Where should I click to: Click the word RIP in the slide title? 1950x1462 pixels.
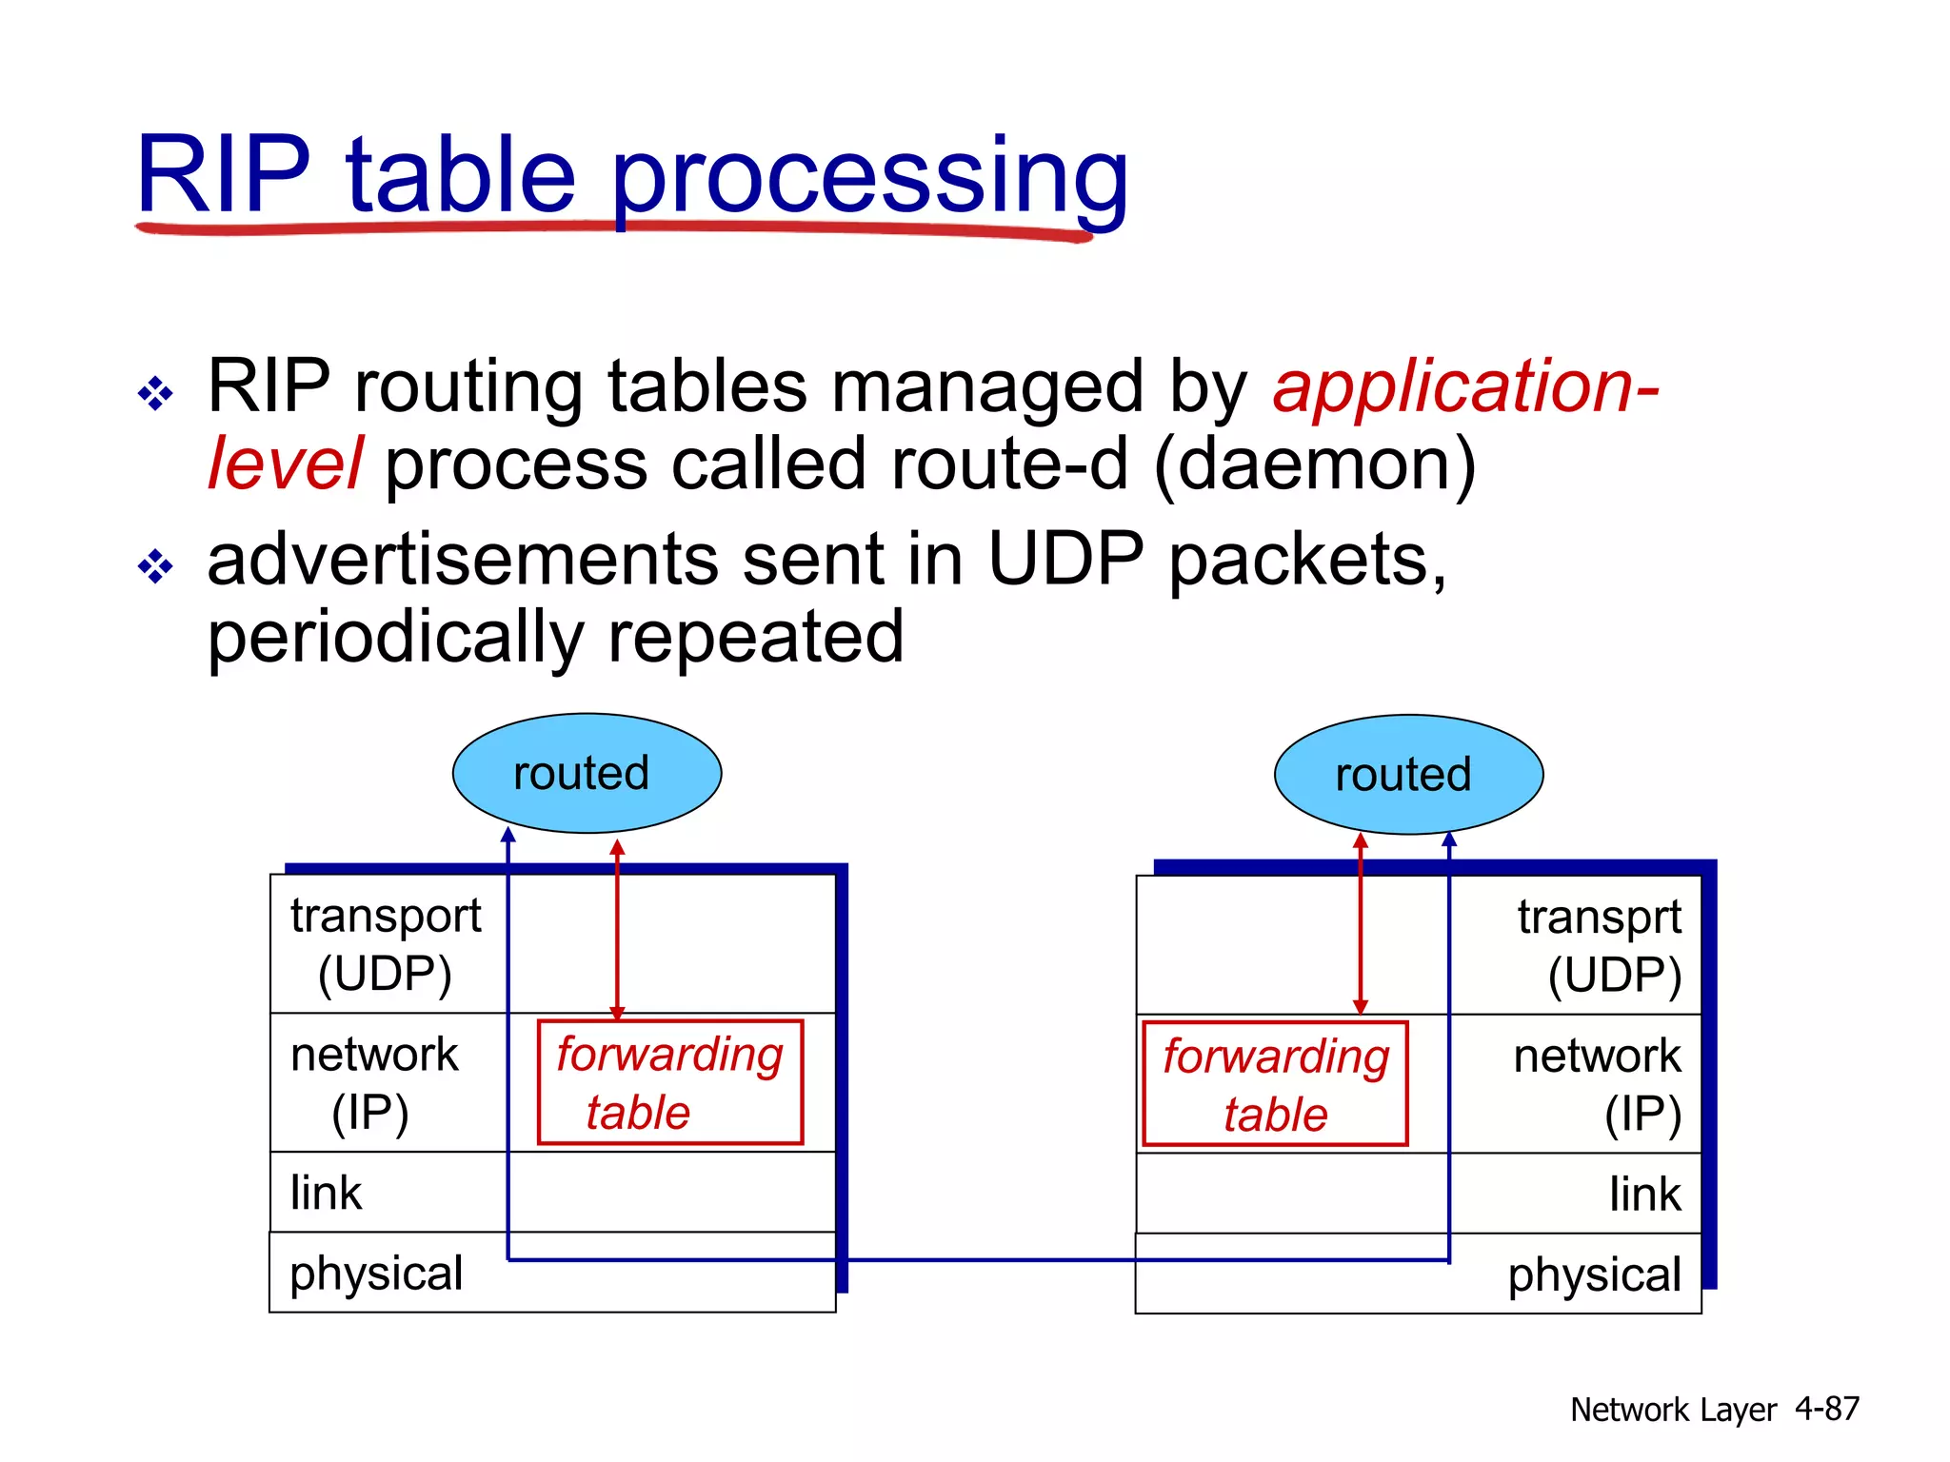224,175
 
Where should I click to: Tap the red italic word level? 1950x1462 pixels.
284,464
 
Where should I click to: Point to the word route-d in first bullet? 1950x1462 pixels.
1008,464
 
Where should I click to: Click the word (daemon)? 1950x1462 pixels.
1315,464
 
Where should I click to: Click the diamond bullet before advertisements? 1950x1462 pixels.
155,567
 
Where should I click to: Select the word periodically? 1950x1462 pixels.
395,638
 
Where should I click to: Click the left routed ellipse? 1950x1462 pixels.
587,773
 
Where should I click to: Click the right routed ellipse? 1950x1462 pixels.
1408,775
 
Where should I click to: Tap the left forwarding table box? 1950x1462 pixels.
670,1082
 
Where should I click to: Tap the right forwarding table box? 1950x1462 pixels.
1275,1084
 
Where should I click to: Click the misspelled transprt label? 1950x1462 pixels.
1599,918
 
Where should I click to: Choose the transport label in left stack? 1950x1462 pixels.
386,916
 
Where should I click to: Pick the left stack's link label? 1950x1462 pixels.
326,1193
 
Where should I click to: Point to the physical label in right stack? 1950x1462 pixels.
1594,1274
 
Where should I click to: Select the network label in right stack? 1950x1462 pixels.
1597,1056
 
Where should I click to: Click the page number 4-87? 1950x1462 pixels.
1826,1409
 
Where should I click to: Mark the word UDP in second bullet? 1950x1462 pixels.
1065,560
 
